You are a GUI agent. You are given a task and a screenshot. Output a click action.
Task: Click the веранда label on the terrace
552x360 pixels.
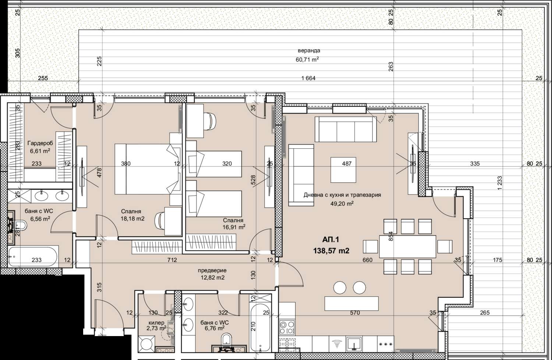309,51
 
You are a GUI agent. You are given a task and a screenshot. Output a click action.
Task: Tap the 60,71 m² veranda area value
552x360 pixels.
307,60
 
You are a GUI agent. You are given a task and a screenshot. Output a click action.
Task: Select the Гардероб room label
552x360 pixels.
40,143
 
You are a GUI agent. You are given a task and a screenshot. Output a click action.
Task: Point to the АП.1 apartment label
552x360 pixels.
331,239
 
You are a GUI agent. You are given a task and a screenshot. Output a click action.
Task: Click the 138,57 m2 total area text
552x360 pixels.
331,251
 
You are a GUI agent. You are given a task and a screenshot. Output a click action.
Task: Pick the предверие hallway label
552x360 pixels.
212,271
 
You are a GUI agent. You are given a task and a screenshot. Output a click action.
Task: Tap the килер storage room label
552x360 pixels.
156,323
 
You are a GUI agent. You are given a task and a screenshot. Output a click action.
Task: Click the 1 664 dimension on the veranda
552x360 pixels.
308,78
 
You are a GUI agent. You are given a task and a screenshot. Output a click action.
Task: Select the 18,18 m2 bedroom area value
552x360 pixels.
132,219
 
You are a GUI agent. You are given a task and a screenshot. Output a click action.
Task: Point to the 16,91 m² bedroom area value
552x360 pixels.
234,227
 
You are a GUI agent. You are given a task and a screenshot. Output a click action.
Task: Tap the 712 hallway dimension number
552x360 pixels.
172,260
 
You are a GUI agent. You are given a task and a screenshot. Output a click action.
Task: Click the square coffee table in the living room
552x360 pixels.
343,170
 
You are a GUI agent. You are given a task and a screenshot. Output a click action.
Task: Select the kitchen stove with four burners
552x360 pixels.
287,328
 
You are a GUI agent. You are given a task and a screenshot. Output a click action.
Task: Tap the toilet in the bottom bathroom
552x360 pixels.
226,340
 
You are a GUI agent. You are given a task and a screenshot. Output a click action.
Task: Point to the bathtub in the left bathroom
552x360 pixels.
33,257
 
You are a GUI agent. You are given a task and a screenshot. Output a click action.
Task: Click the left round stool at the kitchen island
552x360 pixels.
340,288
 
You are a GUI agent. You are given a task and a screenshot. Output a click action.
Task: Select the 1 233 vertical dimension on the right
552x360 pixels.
499,183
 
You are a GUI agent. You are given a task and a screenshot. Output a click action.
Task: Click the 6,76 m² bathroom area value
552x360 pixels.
215,328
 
